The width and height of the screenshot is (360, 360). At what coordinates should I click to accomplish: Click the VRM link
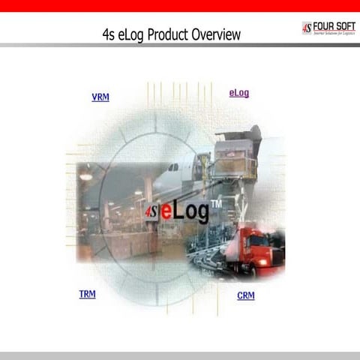100,97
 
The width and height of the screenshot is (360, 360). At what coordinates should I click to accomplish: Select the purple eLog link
238,93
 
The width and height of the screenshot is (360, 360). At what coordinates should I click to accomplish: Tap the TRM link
87,294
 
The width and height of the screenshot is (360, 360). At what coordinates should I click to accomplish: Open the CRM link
246,295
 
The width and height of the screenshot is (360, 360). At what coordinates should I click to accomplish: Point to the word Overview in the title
216,34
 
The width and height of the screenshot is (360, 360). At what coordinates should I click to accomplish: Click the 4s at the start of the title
108,34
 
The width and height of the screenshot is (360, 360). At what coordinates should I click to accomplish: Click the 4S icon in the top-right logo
307,28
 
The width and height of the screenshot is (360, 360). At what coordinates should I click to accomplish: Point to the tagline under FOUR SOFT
334,34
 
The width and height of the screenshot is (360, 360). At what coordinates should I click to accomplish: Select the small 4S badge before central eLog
151,212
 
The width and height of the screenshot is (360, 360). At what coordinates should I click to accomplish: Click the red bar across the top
180,6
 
